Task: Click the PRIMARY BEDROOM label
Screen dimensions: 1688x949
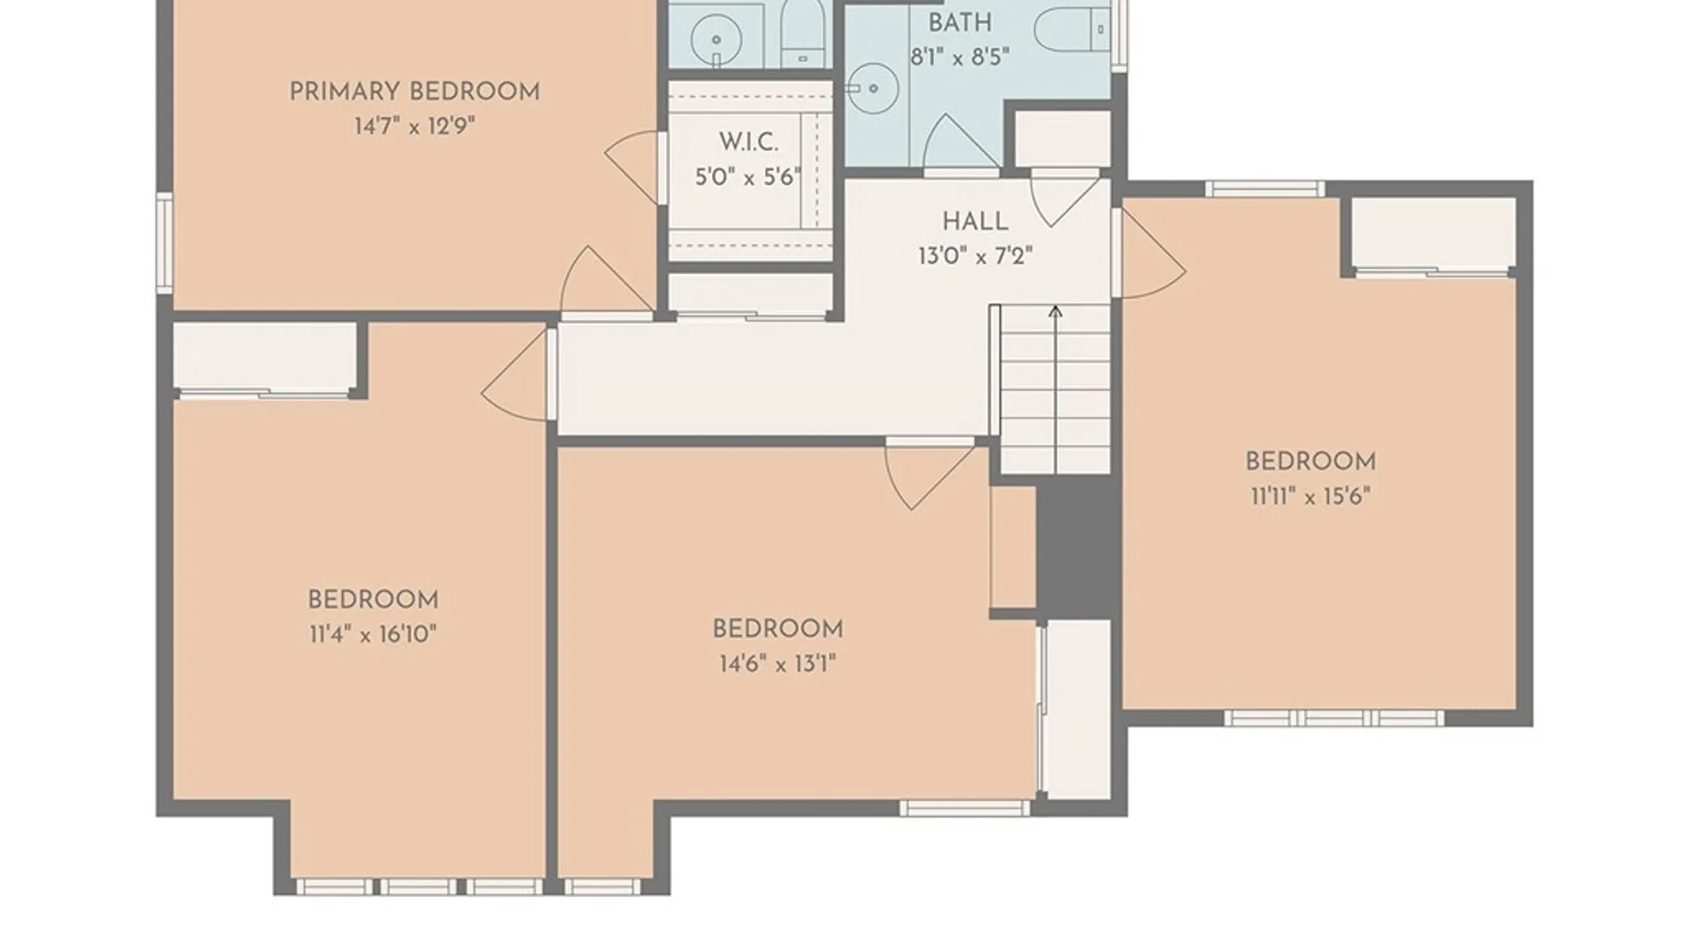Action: click(x=414, y=91)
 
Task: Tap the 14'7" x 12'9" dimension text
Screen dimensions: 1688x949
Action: click(x=414, y=127)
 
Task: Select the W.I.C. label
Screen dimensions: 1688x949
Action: click(x=748, y=142)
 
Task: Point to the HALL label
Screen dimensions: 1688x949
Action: click(x=975, y=221)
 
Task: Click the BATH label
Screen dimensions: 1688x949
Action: click(x=960, y=23)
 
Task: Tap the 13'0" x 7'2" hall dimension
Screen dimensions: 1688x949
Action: click(x=975, y=257)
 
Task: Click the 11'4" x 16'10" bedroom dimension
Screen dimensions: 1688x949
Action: click(x=373, y=634)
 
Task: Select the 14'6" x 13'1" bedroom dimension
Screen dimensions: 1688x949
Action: click(x=777, y=663)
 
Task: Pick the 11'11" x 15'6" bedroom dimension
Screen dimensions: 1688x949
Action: click(x=1310, y=496)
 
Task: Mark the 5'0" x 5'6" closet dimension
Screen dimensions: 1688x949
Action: click(x=748, y=177)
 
